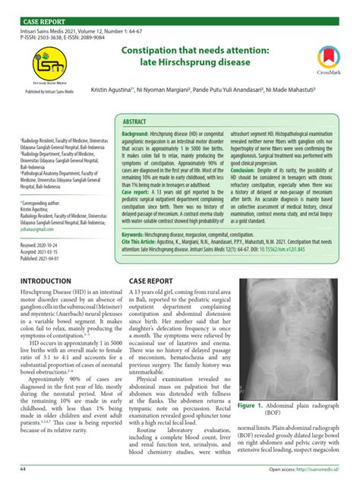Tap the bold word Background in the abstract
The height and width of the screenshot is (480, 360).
click(135, 134)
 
